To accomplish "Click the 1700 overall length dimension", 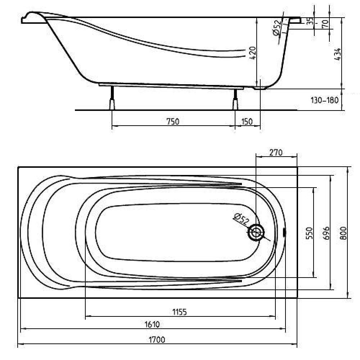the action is (x=157, y=339).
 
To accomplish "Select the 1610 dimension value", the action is (x=152, y=324).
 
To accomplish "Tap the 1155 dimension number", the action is (x=180, y=312).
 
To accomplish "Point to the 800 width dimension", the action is (x=343, y=233).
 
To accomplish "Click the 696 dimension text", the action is (x=326, y=233).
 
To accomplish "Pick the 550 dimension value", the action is (x=309, y=233).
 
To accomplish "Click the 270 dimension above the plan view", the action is (x=276, y=152).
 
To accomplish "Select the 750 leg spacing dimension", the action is (x=173, y=121).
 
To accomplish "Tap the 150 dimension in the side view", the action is (x=247, y=121).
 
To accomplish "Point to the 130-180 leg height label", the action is (x=324, y=100).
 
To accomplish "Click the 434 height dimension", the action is (x=337, y=54).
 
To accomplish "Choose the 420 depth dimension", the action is (x=252, y=53).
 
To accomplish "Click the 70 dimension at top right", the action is (x=325, y=24).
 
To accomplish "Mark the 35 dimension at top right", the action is (x=310, y=21).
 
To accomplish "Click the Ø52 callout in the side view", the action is (x=277, y=28).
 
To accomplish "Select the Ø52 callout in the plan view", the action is (x=241, y=219).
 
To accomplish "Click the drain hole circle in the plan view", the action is (x=256, y=233).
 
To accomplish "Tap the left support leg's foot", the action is (x=112, y=104).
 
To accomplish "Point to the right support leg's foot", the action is (x=235, y=104).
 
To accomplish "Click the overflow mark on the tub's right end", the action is (x=285, y=232).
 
